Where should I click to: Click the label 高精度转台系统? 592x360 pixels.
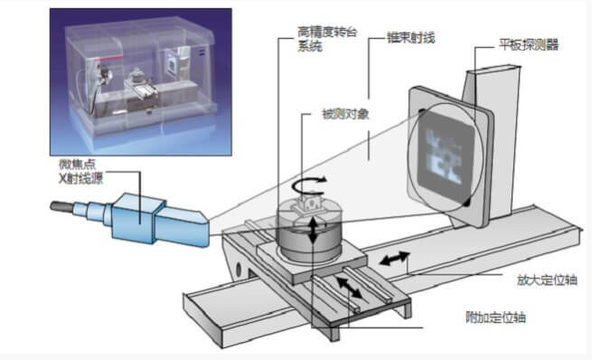(327, 39)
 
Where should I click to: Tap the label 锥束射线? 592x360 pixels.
(410, 38)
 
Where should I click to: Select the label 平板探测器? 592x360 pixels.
(528, 45)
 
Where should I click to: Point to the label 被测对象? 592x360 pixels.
(345, 114)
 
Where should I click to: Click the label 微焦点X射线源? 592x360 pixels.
(80, 171)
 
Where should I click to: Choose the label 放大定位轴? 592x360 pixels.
(547, 279)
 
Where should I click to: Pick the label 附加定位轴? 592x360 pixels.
(495, 317)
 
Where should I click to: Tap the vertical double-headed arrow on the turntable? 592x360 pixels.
(313, 231)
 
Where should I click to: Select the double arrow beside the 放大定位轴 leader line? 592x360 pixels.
(395, 259)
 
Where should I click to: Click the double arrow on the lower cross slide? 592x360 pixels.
(349, 288)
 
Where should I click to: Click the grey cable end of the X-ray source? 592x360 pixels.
(61, 206)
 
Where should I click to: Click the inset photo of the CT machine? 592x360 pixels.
(140, 81)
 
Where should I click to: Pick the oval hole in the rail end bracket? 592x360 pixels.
(239, 270)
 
